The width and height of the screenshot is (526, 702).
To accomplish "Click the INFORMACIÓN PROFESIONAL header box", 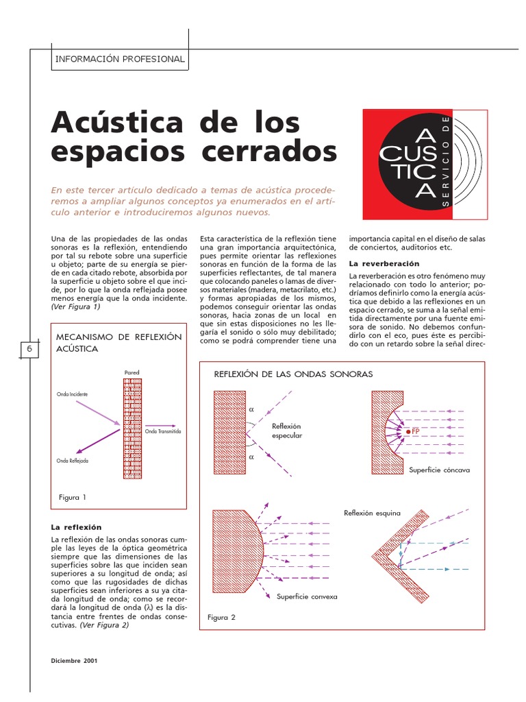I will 120,59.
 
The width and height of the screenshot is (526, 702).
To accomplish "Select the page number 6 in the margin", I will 29,349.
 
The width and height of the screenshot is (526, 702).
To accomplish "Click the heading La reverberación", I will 384,263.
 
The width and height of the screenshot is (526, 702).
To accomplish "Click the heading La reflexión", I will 77,526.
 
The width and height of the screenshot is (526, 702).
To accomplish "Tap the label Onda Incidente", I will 72,395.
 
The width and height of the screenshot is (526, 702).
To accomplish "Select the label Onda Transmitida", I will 163,431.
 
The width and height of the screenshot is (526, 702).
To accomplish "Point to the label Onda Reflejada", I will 73,461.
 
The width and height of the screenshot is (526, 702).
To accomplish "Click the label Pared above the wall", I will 131,372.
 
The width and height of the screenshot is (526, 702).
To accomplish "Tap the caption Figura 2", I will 221,617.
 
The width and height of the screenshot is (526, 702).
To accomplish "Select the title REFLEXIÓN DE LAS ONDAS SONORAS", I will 293,374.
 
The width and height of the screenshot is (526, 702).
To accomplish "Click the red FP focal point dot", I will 408,431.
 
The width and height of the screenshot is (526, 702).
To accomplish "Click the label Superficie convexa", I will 307,596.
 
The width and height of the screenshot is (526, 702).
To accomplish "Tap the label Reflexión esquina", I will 372,512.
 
